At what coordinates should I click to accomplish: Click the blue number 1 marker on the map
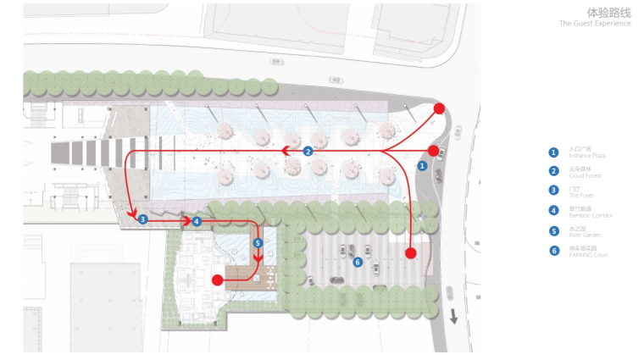[422, 166]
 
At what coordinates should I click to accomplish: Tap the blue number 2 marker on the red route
[308, 151]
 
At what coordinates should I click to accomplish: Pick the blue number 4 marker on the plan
[197, 221]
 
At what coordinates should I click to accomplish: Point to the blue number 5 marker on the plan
[258, 243]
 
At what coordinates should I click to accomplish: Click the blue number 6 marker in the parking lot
[358, 263]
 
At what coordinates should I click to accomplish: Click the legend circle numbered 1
[553, 152]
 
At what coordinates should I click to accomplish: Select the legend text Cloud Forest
[585, 176]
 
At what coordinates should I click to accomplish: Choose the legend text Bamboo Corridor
[591, 215]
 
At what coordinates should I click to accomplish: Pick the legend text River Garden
[586, 235]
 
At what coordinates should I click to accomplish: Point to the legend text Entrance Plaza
[587, 157]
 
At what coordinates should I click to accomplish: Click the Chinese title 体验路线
[608, 13]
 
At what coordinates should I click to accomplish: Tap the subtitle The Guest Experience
[595, 24]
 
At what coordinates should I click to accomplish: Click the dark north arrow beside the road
[454, 317]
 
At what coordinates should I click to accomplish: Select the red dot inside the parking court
[411, 253]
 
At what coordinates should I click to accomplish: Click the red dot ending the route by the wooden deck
[217, 280]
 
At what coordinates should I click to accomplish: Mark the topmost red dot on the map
[439, 108]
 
